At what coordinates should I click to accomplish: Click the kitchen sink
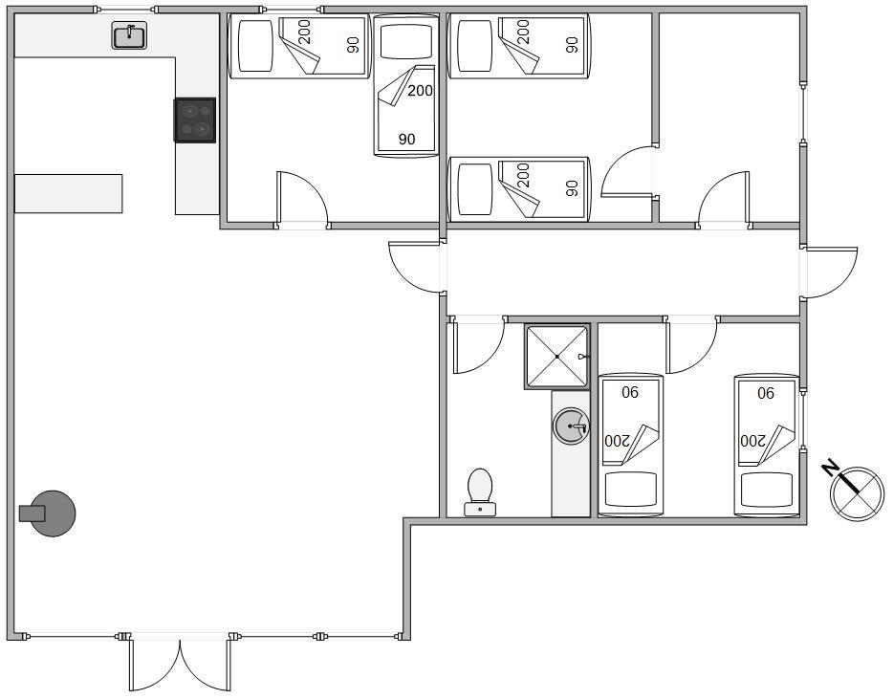click(129, 35)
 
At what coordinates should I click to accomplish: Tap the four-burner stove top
click(195, 120)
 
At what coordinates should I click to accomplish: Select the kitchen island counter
click(68, 194)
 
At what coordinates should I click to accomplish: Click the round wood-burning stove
click(49, 513)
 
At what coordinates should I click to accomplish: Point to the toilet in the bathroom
click(480, 492)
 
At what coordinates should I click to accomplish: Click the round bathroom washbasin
click(570, 425)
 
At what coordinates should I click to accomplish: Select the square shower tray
click(556, 357)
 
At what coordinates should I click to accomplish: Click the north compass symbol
click(856, 492)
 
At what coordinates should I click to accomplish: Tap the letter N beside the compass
click(831, 468)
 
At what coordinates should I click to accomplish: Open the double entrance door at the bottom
click(180, 664)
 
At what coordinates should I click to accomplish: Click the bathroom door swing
click(477, 346)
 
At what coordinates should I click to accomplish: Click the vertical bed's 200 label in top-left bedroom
click(421, 90)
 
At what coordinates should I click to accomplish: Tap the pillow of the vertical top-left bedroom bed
click(406, 40)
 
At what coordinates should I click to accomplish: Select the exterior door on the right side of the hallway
click(829, 273)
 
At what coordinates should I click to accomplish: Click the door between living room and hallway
click(415, 267)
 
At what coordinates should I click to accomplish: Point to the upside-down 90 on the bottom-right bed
click(766, 392)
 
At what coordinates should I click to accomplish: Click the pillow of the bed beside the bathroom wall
click(630, 490)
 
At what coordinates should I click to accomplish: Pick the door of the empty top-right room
click(723, 200)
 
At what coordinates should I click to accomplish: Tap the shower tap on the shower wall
click(582, 357)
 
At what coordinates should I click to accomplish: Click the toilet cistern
click(480, 510)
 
